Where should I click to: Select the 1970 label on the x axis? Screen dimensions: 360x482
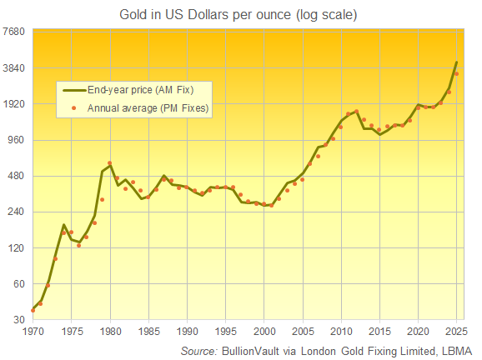(x=33, y=331)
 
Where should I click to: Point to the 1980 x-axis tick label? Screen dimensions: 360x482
(x=110, y=331)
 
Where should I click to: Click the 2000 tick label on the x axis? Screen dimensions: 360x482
(x=264, y=331)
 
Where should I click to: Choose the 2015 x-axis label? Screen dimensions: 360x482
(x=380, y=331)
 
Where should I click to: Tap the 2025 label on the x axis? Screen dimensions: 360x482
(x=457, y=331)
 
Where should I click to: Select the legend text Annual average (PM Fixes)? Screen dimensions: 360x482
(x=148, y=107)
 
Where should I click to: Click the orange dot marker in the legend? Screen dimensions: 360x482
(x=74, y=107)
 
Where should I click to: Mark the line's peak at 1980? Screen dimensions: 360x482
(x=110, y=163)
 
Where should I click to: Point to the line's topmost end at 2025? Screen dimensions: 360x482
(x=457, y=62)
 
